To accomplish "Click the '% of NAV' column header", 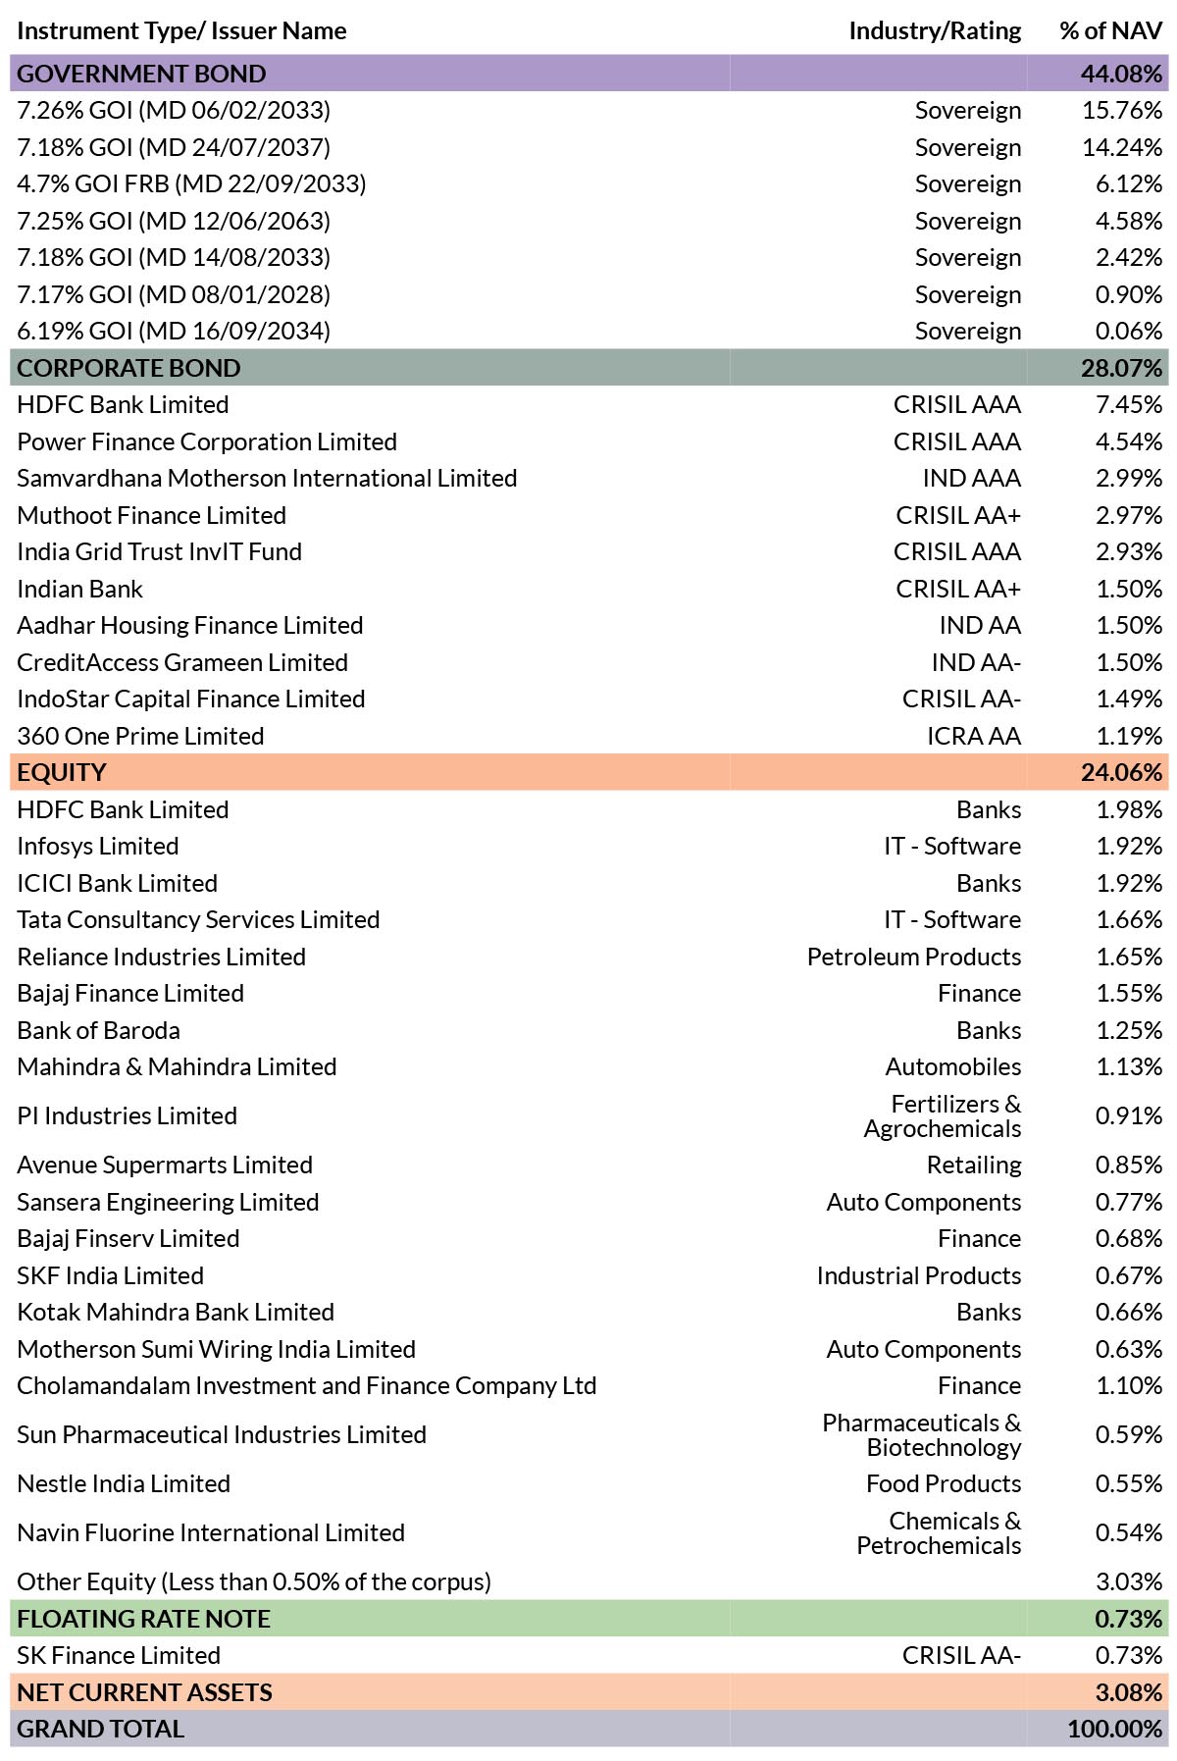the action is click(x=1110, y=31).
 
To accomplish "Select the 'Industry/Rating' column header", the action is click(x=935, y=31).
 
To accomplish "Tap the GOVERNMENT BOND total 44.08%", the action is click(x=1121, y=74).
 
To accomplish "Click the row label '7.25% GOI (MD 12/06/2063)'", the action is click(x=174, y=221).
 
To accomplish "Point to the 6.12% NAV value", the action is click(x=1129, y=184).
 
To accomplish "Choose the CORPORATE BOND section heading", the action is click(x=128, y=368).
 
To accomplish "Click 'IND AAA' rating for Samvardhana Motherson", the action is click(x=972, y=479).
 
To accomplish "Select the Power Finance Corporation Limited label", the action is click(x=207, y=442).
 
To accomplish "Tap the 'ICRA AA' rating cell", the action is click(x=974, y=736).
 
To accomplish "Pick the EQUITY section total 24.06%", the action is click(x=1121, y=773).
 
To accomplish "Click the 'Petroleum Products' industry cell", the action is click(x=914, y=957).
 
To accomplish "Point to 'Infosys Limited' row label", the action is click(x=98, y=847).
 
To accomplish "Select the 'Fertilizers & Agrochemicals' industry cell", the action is click(x=943, y=1116).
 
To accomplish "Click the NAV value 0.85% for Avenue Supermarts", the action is click(x=1129, y=1165).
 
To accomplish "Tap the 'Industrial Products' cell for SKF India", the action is click(x=919, y=1275).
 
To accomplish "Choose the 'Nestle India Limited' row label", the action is click(x=124, y=1484).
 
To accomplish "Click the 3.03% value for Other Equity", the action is click(x=1129, y=1582).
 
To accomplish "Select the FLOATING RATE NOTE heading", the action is click(x=144, y=1619).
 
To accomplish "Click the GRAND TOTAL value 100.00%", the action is click(x=1115, y=1730).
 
